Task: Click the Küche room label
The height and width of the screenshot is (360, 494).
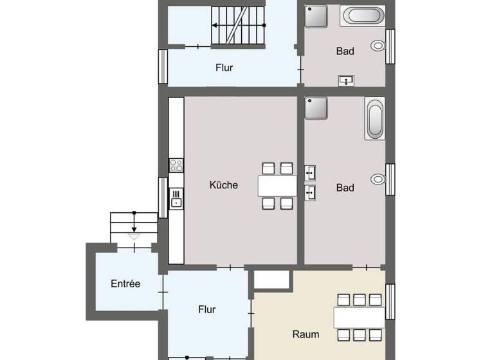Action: click(223, 185)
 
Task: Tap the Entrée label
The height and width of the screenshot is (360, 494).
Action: click(125, 283)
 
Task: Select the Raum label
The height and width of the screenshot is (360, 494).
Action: click(306, 334)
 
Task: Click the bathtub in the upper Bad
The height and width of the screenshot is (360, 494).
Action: click(362, 15)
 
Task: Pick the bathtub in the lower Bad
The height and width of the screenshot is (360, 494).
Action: click(374, 119)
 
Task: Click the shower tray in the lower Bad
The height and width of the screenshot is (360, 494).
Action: click(316, 109)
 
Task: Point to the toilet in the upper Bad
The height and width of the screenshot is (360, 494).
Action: click(378, 46)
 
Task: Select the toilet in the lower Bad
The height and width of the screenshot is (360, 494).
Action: click(378, 178)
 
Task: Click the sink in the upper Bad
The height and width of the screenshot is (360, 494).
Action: click(346, 80)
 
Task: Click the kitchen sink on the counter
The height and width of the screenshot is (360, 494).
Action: click(176, 198)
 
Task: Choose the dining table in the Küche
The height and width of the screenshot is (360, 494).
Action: click(277, 186)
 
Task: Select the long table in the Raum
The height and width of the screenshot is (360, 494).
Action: click(358, 316)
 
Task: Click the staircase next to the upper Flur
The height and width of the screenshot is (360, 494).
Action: click(238, 26)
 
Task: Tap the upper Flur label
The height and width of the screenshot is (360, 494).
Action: click(224, 67)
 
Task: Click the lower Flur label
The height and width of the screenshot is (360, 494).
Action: click(206, 309)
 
